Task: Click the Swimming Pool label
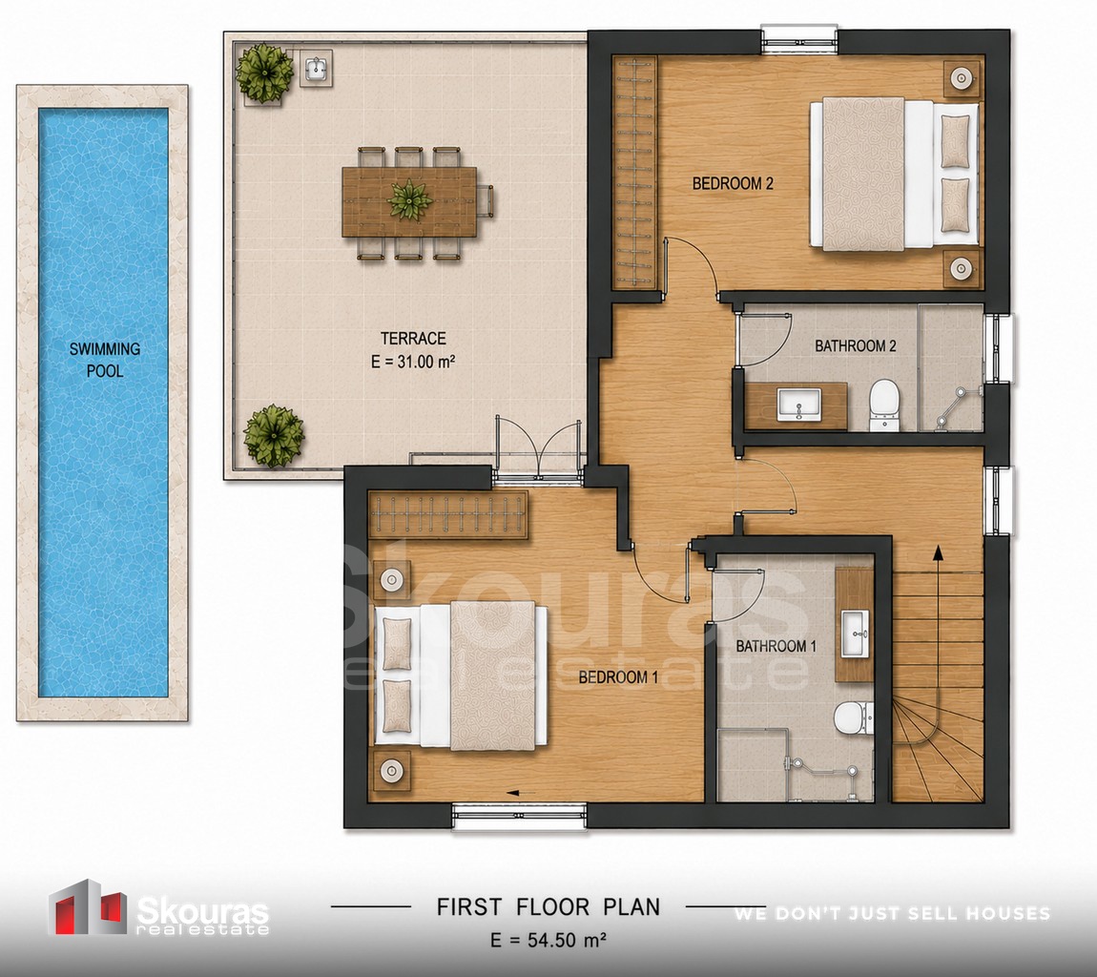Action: [x=105, y=360]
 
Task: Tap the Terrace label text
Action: [x=413, y=339]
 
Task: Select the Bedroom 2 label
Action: [x=733, y=183]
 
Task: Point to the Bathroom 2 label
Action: [x=855, y=345]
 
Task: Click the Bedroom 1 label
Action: [x=618, y=676]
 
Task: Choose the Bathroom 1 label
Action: [x=776, y=646]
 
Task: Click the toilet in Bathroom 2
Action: [x=883, y=405]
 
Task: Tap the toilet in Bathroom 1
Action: [x=853, y=718]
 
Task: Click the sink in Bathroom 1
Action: [x=855, y=634]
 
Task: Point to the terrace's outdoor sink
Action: [x=317, y=69]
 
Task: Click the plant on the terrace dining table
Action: [x=409, y=198]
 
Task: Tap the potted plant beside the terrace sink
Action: [x=263, y=73]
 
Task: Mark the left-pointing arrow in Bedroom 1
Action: [x=521, y=793]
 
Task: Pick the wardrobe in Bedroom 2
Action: [x=634, y=173]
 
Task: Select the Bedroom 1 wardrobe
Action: [x=447, y=516]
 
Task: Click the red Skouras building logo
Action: [x=87, y=906]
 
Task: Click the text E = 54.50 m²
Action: [x=548, y=940]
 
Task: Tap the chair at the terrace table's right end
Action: [x=486, y=201]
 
